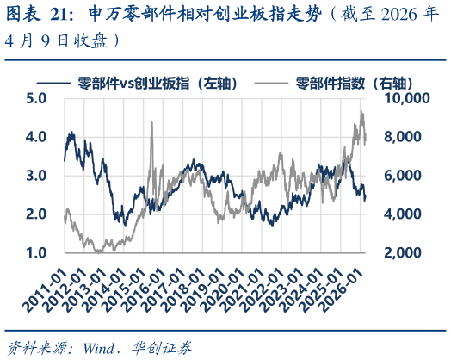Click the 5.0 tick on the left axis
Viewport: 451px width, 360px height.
point(37,98)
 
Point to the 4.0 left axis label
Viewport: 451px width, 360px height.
point(37,137)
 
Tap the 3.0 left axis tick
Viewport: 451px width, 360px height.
point(37,176)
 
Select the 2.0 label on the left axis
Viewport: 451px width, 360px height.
point(37,214)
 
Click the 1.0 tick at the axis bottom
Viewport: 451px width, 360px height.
point(37,252)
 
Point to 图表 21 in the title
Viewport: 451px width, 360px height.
point(34,16)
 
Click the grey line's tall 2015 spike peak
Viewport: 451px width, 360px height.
point(151,122)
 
